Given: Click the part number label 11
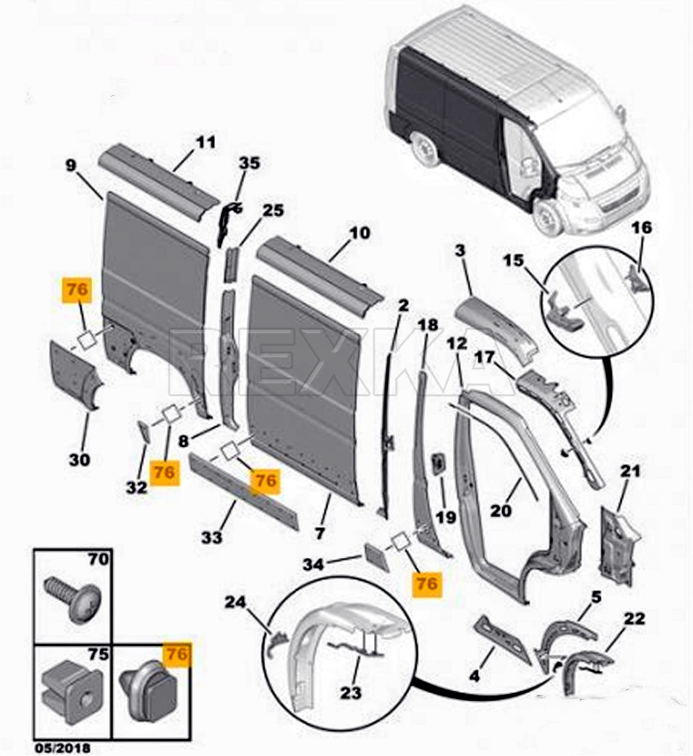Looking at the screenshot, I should coord(205,142).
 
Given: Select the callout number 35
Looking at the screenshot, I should coord(249,163).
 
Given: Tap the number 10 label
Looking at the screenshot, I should coord(359,233).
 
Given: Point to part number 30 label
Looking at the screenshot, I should coord(79,460).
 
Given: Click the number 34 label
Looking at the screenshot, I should coord(313,565).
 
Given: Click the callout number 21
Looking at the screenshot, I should coord(630,470).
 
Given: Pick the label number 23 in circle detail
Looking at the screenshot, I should coord(351,693).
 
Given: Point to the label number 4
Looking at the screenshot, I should coord(475,676).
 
